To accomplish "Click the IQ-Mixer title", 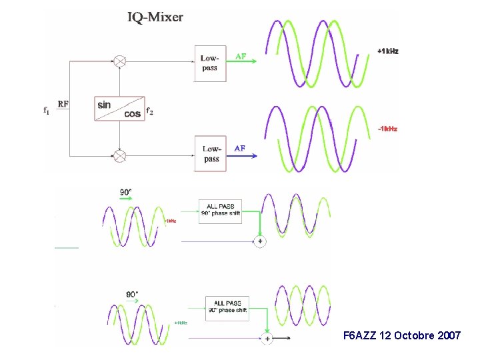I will coord(155,17).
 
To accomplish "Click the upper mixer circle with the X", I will coord(119,61).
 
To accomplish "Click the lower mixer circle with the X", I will coord(119,156).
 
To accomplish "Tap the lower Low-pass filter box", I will coord(211,153).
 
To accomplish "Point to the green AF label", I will coord(241,57).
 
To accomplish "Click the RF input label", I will coord(63,104).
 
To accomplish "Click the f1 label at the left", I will coord(46,111).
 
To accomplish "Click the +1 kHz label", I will coord(387,51).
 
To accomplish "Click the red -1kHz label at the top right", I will coord(387,129).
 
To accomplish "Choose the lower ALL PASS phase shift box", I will coord(227,307).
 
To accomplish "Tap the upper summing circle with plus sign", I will coord(260,241).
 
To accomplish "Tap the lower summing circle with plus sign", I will coord(267,339).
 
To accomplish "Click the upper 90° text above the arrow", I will coord(125,192).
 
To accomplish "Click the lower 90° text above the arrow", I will coord(132,294).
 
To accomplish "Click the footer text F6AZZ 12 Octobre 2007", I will coord(401,335).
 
